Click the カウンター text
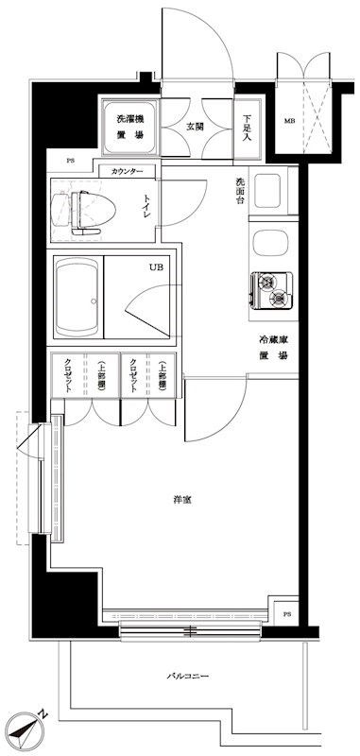tap(127, 171)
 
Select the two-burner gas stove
tap(272, 289)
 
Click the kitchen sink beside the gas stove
tap(272, 245)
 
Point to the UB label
tap(155, 266)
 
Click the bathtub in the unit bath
tap(77, 298)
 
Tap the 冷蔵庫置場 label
tap(274, 347)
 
